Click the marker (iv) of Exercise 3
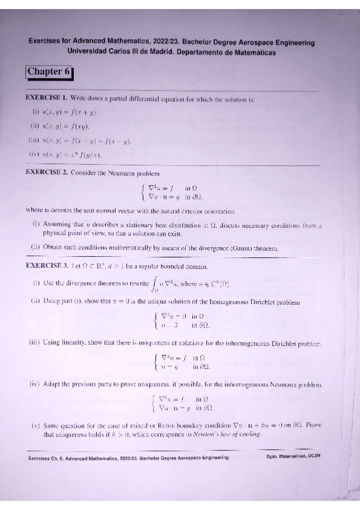[x=35, y=384]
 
